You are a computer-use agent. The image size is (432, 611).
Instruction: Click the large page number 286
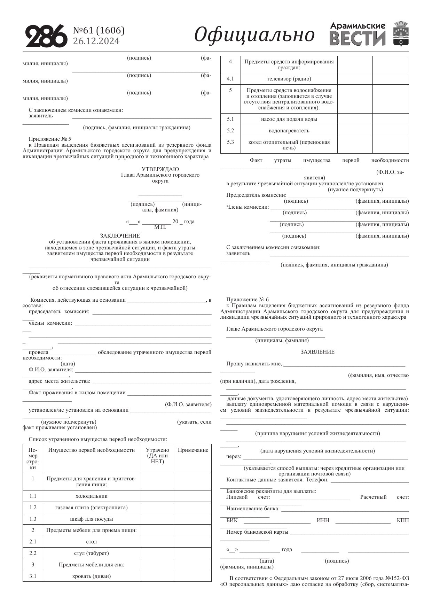tap(46, 36)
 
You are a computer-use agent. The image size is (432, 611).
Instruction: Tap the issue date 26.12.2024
tap(96, 41)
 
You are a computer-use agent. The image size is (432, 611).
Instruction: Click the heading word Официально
tap(254, 35)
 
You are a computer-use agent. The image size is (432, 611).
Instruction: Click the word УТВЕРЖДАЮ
tap(160, 169)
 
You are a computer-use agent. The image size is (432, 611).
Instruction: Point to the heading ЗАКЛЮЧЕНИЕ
tap(120, 236)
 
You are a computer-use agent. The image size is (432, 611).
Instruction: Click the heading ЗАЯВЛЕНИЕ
tap(317, 352)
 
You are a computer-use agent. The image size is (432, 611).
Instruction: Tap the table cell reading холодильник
tap(92, 496)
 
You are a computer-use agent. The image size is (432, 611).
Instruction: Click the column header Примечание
tap(193, 450)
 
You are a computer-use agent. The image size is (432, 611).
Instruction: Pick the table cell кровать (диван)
tap(92, 576)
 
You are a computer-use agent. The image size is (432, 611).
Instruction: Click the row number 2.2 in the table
tap(33, 553)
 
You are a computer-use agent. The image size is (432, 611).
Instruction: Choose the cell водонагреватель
tap(289, 131)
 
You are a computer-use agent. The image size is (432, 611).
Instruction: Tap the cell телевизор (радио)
tap(289, 79)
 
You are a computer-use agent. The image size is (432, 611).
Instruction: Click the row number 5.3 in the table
tap(230, 142)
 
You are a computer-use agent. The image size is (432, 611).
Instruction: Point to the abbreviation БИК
tap(232, 520)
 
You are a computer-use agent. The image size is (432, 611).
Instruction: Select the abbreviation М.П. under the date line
tap(160, 227)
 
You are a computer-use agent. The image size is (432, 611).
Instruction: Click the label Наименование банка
tap(253, 509)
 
